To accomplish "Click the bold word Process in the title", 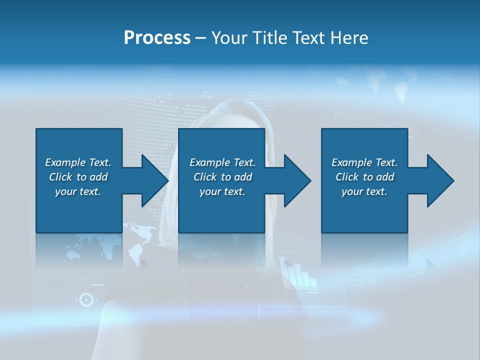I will point(157,38).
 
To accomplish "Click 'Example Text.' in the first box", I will point(78,162).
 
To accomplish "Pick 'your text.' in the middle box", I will point(222,191).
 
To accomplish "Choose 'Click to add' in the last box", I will point(364,177).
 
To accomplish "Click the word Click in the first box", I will point(60,177).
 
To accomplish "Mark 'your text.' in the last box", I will point(364,191).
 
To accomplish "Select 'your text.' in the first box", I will point(77,191).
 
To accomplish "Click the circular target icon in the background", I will point(86,299).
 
